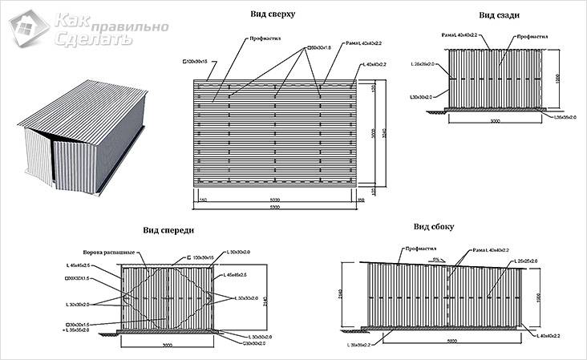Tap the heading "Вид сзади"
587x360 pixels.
pyautogui.click(x=497, y=14)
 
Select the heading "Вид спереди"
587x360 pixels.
pyautogui.click(x=168, y=230)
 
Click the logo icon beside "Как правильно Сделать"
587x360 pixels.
pyautogui.click(x=28, y=27)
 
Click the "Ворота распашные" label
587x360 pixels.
pyautogui.click(x=109, y=250)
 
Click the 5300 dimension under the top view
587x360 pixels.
pyautogui.click(x=275, y=207)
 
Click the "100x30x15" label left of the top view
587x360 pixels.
pyautogui.click(x=196, y=61)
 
